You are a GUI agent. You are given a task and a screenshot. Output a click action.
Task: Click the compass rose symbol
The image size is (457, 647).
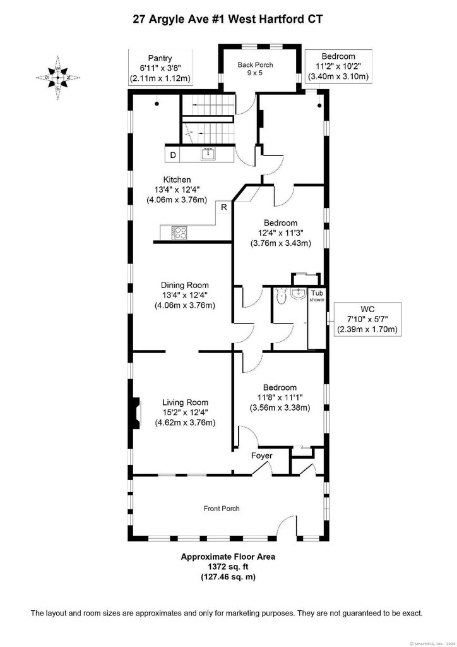point(58,78)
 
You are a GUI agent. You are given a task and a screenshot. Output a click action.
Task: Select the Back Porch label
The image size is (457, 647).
point(255,68)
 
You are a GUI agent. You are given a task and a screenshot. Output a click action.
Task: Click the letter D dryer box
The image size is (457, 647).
point(173,155)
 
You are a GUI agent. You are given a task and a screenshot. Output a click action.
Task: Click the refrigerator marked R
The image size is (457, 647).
point(224,207)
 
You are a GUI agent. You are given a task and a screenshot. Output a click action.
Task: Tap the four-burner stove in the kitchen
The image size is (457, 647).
point(179,233)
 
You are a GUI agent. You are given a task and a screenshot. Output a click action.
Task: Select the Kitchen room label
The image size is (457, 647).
point(177,190)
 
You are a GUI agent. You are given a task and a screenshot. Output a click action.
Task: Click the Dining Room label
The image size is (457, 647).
point(184,296)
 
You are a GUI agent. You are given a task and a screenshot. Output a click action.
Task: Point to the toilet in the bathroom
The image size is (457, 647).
point(281,296)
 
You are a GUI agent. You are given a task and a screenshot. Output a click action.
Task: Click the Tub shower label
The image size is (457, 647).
point(317,296)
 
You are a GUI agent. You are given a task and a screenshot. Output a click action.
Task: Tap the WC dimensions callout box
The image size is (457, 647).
point(367,319)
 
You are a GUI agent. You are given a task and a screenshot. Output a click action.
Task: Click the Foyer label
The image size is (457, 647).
point(262,456)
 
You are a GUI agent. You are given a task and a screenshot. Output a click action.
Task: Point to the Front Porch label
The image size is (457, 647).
point(222,509)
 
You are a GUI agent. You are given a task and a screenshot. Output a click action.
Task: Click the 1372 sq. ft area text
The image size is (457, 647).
point(228,567)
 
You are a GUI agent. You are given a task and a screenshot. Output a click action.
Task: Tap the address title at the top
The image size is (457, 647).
point(228,18)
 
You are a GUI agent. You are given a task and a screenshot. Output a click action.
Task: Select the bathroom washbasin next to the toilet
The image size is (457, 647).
point(299,293)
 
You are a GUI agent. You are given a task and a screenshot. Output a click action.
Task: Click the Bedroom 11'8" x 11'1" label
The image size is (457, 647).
point(280,397)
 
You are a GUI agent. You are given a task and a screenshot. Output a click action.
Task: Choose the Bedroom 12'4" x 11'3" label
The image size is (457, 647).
point(281,233)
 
